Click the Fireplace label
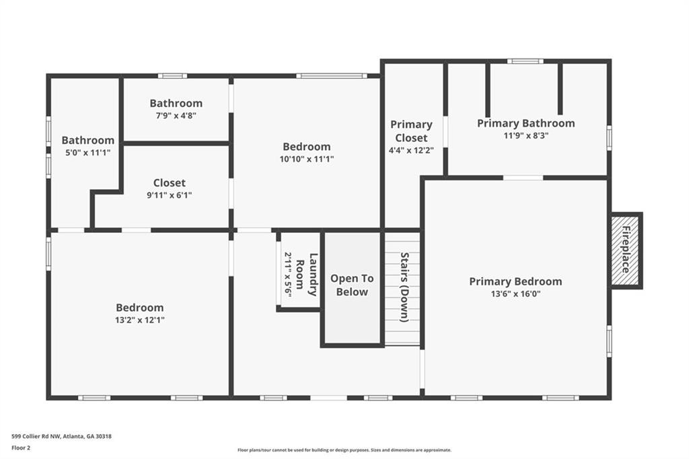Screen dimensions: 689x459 click(x=626, y=249)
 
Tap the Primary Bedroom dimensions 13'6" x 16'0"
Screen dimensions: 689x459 click(x=516, y=293)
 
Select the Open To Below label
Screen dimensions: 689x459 click(x=352, y=285)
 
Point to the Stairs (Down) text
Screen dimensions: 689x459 click(x=404, y=287)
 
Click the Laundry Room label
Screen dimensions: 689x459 click(x=307, y=275)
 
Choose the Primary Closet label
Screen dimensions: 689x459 click(x=411, y=131)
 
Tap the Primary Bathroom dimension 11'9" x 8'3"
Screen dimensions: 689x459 click(x=526, y=135)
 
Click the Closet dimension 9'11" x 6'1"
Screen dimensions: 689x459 click(x=169, y=195)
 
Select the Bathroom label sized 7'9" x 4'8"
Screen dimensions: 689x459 click(x=176, y=104)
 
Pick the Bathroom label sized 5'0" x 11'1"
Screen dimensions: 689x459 click(x=88, y=140)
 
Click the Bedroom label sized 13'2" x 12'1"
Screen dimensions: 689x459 click(x=140, y=308)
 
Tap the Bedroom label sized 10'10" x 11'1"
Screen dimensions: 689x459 click(x=307, y=147)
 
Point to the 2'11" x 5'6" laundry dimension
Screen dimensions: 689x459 click(x=288, y=275)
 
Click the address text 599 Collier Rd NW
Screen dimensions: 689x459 click(x=36, y=437)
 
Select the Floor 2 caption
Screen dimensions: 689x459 click(x=21, y=448)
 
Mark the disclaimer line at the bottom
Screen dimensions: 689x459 click(x=344, y=450)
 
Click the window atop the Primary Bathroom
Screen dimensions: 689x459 click(x=525, y=61)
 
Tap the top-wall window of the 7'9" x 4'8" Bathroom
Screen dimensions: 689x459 click(x=173, y=76)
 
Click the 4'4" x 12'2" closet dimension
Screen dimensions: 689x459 click(x=411, y=150)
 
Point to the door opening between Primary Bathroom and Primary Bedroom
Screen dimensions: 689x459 click(x=523, y=178)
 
